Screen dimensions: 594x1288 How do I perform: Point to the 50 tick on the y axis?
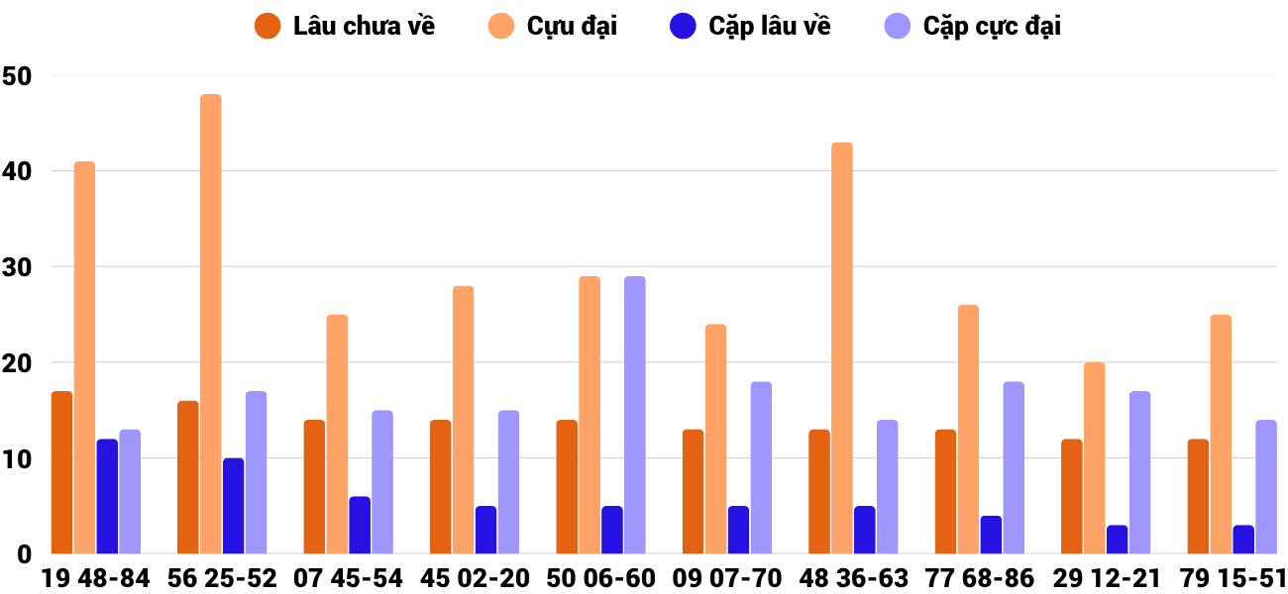click(18, 75)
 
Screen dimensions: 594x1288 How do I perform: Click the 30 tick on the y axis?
click(18, 267)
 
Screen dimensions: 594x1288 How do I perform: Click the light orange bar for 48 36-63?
click(842, 347)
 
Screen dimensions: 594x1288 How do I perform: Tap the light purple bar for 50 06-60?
click(635, 415)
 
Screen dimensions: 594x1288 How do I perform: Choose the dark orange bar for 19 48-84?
click(62, 472)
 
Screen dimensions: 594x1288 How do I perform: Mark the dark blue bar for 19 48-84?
click(107, 496)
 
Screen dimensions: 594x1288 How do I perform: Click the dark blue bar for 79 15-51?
click(1243, 540)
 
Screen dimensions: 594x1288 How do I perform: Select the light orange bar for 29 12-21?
click(1095, 458)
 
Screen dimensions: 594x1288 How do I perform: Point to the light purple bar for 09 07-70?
click(761, 467)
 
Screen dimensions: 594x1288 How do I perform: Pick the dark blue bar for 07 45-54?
click(360, 525)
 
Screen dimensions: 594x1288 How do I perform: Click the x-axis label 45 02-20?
click(475, 578)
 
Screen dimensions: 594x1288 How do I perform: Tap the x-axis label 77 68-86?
click(980, 578)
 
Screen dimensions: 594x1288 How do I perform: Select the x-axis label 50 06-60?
click(601, 578)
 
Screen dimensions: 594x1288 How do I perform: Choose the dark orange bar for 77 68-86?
click(946, 491)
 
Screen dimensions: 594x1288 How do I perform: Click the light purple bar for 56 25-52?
click(256, 472)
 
